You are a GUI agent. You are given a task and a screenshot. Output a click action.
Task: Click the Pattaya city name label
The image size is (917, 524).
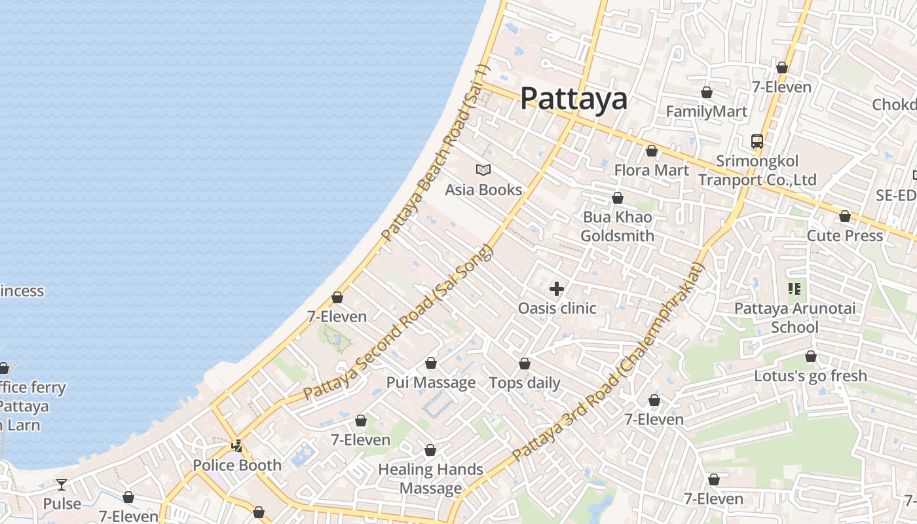574,99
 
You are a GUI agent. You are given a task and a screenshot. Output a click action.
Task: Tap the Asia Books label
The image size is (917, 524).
483,190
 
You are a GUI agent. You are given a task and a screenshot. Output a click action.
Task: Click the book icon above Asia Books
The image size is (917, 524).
483,170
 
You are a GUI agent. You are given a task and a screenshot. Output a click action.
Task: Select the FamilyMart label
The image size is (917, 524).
706,112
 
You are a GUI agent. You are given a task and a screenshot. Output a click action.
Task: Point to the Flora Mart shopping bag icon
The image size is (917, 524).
651,151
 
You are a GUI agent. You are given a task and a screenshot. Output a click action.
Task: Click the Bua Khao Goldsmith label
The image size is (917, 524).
617,226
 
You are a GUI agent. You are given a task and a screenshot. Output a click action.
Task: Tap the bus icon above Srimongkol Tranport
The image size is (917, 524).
757,141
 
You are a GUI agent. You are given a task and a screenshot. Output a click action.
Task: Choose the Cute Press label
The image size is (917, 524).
844,235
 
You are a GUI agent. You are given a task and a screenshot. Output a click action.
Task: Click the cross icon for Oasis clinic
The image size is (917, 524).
557,289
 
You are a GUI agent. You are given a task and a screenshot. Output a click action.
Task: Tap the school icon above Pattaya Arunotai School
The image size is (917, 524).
795,288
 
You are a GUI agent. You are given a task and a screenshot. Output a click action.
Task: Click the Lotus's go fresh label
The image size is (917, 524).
810,376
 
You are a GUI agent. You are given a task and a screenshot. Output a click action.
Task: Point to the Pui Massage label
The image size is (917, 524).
430,383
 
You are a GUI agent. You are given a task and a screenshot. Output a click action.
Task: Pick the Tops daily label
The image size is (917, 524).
525,383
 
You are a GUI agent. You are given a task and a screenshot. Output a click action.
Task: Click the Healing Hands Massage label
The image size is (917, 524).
430,479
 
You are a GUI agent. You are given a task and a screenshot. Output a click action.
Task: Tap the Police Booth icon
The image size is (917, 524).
237,446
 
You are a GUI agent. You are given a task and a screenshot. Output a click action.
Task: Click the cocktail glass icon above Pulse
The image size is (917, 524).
62,485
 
